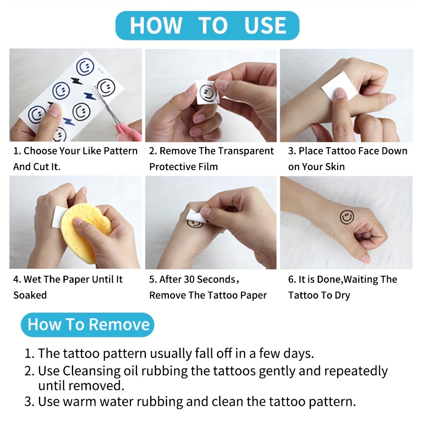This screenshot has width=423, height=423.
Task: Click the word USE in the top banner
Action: (x=265, y=25)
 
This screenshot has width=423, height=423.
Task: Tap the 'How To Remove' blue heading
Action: (x=88, y=324)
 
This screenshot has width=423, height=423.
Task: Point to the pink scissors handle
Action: (x=129, y=132)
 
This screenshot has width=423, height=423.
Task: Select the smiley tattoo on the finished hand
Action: (x=347, y=217)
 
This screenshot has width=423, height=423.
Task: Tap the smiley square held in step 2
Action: (x=207, y=92)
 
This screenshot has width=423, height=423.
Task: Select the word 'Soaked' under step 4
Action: (x=30, y=295)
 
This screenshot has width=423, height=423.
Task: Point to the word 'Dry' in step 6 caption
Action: (x=342, y=296)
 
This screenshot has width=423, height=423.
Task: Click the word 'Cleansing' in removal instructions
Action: (x=92, y=371)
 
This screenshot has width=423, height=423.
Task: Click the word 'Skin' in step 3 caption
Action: (x=335, y=167)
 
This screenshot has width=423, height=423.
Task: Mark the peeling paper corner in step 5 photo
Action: (x=189, y=211)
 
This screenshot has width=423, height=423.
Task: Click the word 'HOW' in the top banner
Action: (x=156, y=26)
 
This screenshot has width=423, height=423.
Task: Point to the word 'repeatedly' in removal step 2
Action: (x=356, y=372)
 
